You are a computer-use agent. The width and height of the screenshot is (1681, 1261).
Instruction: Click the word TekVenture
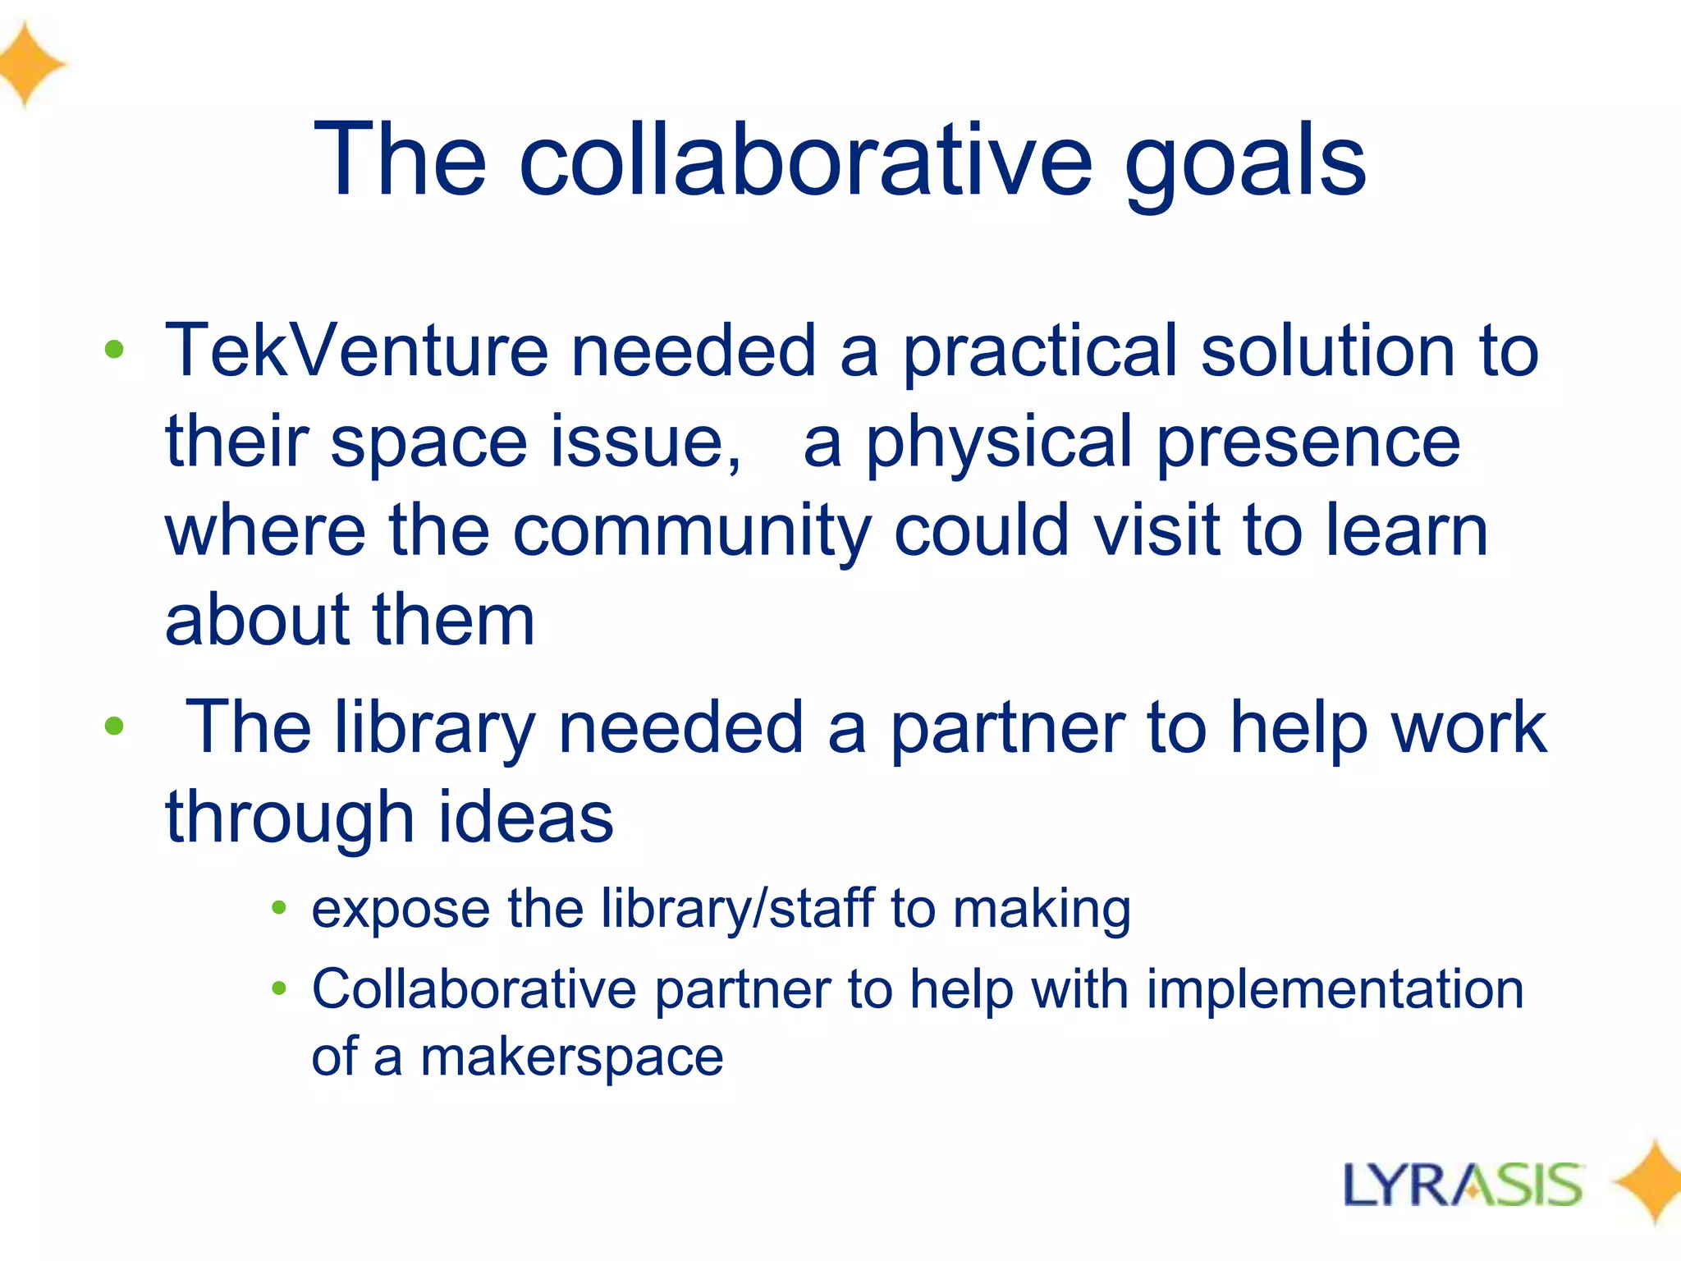[x=356, y=351]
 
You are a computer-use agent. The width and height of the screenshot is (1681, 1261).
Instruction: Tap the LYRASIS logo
[x=1463, y=1185]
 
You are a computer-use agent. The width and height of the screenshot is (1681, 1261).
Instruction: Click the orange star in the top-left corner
[x=29, y=64]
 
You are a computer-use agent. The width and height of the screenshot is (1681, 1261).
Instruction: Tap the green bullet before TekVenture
[x=114, y=351]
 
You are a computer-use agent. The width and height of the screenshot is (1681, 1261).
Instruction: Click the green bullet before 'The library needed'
[x=114, y=726]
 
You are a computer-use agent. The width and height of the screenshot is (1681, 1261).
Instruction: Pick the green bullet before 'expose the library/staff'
[x=279, y=907]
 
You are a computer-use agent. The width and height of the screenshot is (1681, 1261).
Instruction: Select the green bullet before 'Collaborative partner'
[x=279, y=988]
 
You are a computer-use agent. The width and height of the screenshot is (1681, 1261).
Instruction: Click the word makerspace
[x=572, y=1057]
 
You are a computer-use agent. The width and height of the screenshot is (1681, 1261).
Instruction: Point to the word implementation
[x=1335, y=988]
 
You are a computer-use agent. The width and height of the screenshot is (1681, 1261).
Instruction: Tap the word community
[x=691, y=532]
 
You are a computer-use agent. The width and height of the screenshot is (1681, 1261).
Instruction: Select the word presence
[x=1308, y=443]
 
